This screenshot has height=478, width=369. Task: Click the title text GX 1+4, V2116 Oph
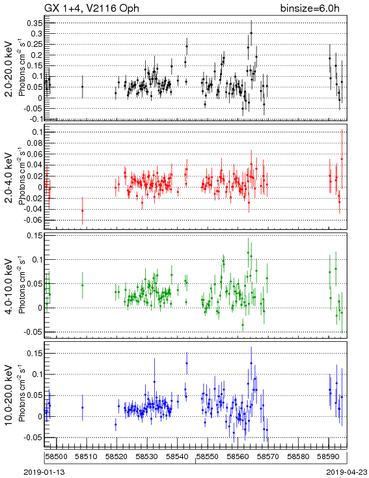(92, 8)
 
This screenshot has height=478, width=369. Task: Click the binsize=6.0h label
(310, 8)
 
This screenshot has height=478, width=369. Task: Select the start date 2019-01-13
(44, 472)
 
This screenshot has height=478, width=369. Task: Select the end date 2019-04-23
(347, 472)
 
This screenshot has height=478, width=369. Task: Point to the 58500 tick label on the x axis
(57, 457)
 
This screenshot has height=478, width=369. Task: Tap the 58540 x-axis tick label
(177, 457)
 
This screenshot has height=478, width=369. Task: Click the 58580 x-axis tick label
(298, 457)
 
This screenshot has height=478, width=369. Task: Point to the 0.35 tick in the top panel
(34, 23)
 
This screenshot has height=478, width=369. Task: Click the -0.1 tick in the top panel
(36, 119)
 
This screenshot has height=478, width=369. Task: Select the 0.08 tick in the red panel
(34, 143)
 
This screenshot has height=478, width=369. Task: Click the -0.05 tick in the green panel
(33, 332)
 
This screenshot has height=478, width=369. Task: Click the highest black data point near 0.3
(251, 33)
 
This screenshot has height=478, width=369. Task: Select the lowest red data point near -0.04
(82, 210)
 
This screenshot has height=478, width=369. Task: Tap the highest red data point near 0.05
(342, 159)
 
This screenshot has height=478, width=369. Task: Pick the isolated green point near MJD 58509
(82, 285)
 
